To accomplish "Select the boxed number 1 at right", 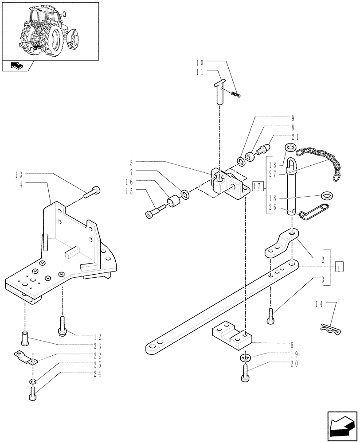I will pos(340,268).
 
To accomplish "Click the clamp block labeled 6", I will pos(232,335).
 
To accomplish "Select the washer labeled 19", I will pos(245,357).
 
